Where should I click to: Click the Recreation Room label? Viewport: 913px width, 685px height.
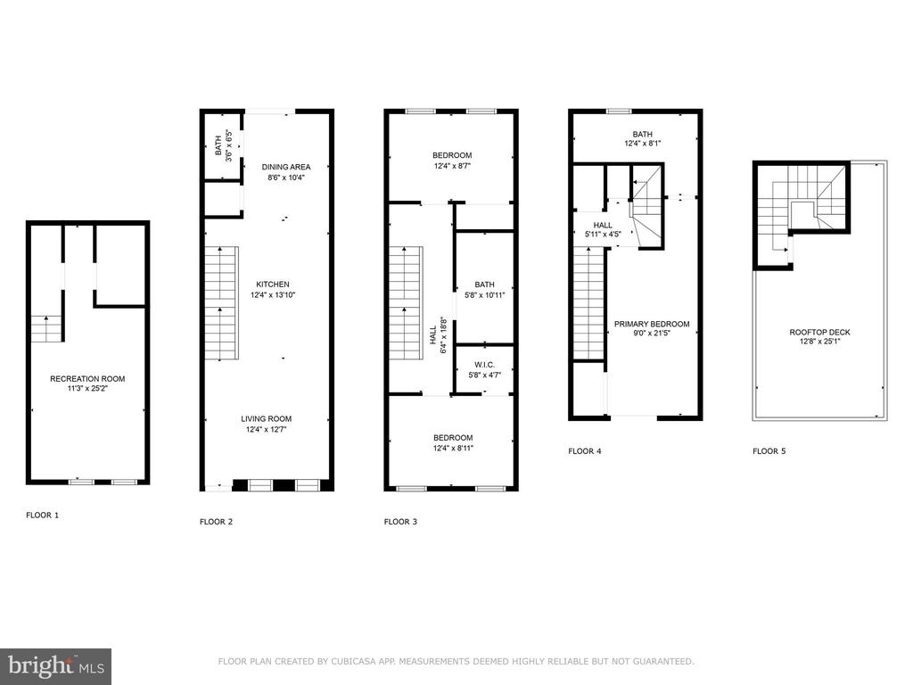click(x=87, y=378)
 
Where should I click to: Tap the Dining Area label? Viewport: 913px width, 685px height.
click(x=286, y=167)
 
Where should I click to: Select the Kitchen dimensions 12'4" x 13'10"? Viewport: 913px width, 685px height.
click(x=273, y=294)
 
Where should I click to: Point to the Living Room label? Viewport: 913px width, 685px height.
click(x=266, y=419)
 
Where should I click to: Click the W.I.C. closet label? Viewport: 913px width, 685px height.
click(x=484, y=365)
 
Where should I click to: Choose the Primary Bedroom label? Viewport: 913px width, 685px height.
click(x=652, y=324)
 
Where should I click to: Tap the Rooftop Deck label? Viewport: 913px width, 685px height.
click(x=820, y=332)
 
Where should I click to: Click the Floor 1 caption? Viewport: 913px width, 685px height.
click(x=43, y=515)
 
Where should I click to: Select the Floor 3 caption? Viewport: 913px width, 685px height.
click(x=400, y=521)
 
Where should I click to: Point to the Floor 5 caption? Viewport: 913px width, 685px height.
click(x=769, y=450)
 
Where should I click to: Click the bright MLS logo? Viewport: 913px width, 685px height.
click(x=56, y=666)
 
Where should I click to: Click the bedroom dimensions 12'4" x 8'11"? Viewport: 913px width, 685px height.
click(x=453, y=448)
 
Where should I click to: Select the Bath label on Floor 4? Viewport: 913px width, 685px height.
click(x=643, y=134)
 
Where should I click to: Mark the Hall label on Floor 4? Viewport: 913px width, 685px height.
click(x=603, y=225)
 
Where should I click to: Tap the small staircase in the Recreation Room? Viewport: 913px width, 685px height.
click(x=46, y=328)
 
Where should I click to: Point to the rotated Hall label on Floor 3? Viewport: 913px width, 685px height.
click(x=433, y=335)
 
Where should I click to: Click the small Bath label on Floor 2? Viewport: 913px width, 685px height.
click(x=218, y=145)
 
